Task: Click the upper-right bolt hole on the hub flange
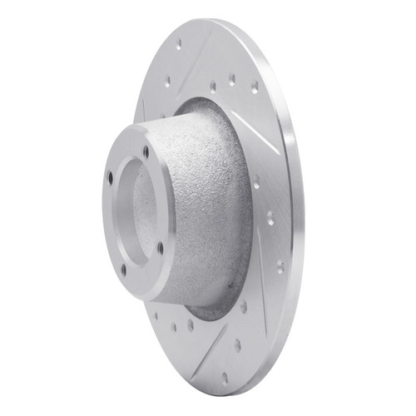146,152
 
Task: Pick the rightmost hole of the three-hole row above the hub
254,86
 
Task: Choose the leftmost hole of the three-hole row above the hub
212,86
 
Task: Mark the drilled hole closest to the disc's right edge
280,268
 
